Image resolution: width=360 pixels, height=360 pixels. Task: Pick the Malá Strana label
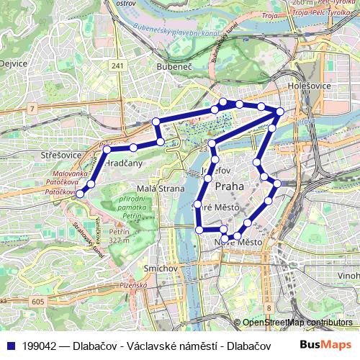(156, 189)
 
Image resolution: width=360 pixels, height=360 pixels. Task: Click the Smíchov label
(161, 268)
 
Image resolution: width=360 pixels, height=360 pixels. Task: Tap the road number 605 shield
(39, 302)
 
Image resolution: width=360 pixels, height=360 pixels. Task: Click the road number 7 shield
(32, 108)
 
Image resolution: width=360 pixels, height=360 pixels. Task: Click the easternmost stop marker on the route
(280, 111)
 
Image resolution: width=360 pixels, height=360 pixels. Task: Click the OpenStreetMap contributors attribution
(297, 323)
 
